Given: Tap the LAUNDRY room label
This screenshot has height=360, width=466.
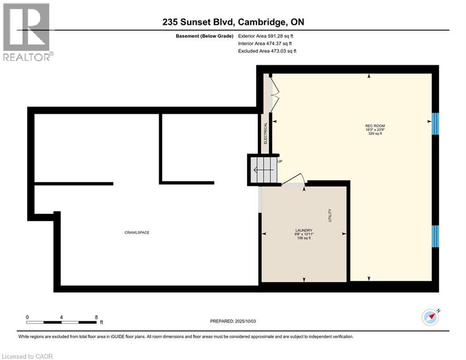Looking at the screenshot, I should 303,230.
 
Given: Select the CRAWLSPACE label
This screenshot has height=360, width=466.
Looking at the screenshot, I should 137,232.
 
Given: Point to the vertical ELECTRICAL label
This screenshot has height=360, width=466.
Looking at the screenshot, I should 265,133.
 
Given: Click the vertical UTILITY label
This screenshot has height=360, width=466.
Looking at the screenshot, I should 330,216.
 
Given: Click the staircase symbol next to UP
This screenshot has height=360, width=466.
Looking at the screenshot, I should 263,170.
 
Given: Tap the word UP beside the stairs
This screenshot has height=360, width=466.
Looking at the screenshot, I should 281,162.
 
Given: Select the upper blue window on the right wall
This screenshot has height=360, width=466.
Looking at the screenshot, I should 435,123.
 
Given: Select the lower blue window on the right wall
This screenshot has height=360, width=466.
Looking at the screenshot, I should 435,236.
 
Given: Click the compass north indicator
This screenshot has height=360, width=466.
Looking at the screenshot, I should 430,318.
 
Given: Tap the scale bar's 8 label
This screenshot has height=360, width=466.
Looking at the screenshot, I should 96,317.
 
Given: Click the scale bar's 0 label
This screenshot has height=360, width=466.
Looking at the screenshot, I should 28,317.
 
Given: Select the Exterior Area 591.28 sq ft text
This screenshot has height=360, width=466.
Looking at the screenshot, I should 266,36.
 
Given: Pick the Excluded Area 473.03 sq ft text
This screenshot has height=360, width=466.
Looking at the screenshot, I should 267,51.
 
